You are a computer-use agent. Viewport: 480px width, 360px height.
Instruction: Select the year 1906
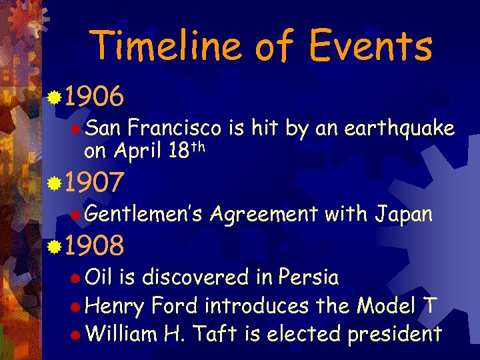click(95, 99)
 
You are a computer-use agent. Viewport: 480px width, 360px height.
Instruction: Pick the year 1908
click(95, 246)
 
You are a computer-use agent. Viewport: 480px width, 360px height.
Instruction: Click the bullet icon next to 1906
click(55, 99)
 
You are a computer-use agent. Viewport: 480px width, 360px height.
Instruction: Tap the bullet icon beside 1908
click(55, 247)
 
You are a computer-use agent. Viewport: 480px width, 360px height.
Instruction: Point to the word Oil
click(99, 276)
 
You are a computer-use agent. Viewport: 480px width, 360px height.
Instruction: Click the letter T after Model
click(430, 305)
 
